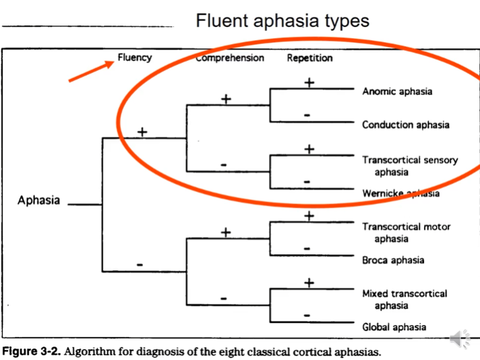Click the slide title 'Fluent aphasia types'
coord(282,20)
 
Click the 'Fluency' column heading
coord(135,58)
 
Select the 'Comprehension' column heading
coord(231,58)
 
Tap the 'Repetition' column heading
coord(309,58)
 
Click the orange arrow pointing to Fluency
coord(90,71)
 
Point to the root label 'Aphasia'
coord(38,200)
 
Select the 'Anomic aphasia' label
coord(397,92)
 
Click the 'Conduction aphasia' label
coord(405,125)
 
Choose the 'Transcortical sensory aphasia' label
coord(409,166)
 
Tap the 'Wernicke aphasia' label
coord(400,194)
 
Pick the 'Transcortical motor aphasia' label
coord(406,233)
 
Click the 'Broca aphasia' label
coord(393,260)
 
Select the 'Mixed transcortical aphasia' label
coord(404,299)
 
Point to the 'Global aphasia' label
coord(394,327)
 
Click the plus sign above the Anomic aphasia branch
coord(309,82)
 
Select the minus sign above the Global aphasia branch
coord(308,315)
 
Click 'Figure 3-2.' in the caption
coord(32,352)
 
